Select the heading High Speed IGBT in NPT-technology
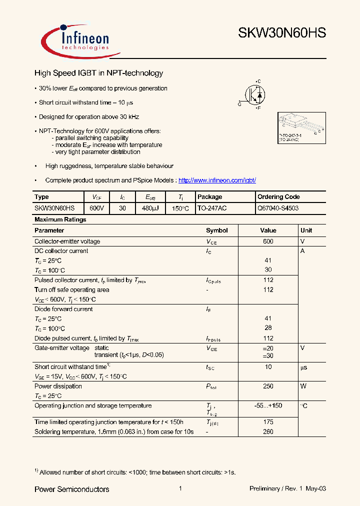(98, 73)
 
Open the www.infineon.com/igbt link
(217, 180)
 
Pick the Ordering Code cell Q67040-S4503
(278, 208)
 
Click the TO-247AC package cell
(212, 208)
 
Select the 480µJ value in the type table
(149, 208)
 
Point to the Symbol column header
(216, 230)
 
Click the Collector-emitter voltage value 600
(268, 241)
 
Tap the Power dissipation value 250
(268, 386)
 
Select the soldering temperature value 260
(268, 431)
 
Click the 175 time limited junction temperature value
(268, 422)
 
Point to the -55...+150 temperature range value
(268, 405)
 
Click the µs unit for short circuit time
(303, 367)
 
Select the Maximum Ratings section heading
(60, 219)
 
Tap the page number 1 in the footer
(180, 488)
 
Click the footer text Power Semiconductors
(71, 489)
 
